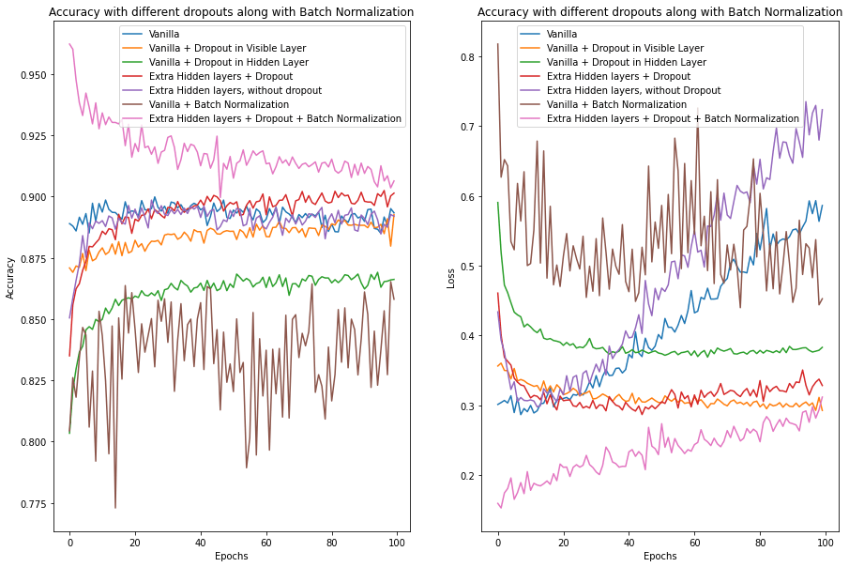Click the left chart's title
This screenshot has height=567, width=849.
coord(231,12)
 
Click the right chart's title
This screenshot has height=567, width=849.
coord(659,12)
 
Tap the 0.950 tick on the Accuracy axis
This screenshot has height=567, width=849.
coord(34,74)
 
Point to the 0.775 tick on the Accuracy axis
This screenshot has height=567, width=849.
coord(34,504)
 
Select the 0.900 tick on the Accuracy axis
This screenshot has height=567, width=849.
coord(34,197)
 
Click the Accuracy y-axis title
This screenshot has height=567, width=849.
coord(10,280)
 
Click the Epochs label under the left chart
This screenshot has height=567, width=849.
coord(231,556)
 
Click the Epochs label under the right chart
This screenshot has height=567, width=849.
coord(659,556)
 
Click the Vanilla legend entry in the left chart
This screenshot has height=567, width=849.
coord(165,34)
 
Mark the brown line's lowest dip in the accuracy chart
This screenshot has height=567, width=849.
coord(115,508)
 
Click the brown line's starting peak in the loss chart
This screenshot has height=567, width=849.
coord(498,44)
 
